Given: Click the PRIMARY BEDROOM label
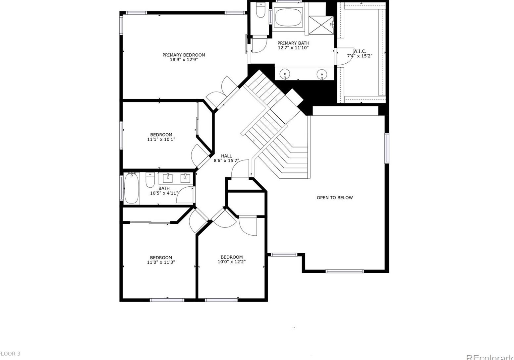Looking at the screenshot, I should coord(184,55).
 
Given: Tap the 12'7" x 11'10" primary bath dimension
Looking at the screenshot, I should coord(293,48).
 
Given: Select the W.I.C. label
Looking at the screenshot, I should coord(360,51).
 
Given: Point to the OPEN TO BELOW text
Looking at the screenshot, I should coord(335,198).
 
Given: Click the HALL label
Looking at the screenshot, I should coord(227,156).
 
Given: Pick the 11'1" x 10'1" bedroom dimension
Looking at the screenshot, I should coord(161,140).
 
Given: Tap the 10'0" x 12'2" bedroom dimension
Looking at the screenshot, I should coord(232,262).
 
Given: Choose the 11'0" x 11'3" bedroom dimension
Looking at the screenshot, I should coord(161,262).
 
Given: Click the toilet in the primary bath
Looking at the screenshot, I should coord(261,11).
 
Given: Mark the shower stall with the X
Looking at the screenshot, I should coord(321,25).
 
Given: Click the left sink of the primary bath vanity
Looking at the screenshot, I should coord(285,74).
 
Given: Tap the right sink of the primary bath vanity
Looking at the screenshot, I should coord(321,74).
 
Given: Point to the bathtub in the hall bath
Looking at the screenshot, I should coord(131,188).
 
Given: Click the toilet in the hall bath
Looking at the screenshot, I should coord(150,180).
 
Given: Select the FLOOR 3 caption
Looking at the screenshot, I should coord(10,354).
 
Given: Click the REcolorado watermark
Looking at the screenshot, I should coord(490,357).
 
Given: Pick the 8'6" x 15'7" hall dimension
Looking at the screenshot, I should coord(227,161).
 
